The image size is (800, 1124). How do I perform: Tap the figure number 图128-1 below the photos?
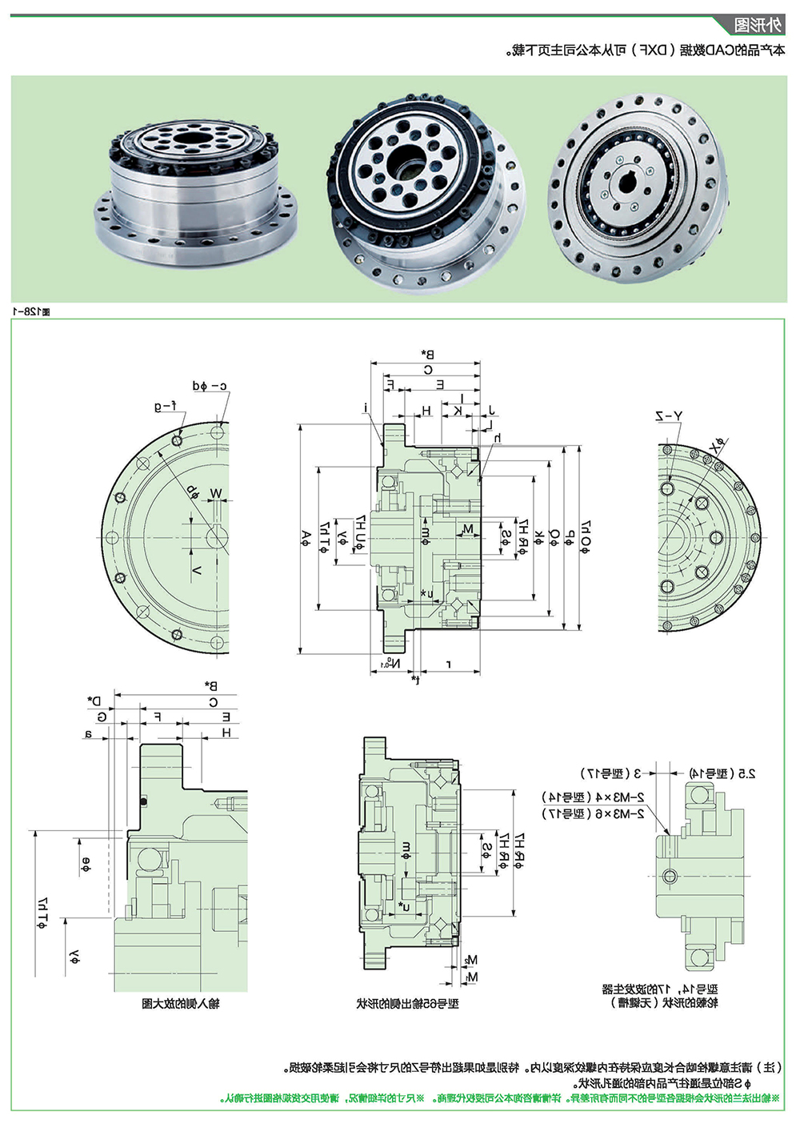[x=30, y=311]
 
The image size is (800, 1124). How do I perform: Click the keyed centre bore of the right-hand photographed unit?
[x=626, y=182]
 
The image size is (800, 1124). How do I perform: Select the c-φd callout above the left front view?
[x=210, y=386]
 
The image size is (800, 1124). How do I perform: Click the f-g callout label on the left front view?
[x=165, y=407]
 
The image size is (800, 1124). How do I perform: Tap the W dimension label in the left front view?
[x=215, y=493]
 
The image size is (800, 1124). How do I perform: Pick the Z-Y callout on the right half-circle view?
[x=669, y=416]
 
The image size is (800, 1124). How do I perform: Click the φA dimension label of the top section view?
[x=306, y=539]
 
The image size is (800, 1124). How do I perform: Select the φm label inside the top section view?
[x=425, y=532]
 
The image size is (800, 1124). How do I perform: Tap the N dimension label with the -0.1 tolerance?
[x=393, y=664]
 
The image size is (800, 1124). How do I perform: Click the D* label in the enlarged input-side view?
[x=94, y=700]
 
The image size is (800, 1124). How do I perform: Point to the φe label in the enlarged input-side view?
[x=85, y=864]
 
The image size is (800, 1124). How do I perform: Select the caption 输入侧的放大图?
[x=180, y=1003]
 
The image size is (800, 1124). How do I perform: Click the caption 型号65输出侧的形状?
[x=407, y=1003]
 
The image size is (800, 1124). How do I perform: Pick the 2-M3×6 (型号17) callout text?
[x=593, y=813]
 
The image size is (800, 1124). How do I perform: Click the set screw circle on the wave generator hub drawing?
[x=670, y=876]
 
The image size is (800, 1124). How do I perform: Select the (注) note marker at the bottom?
[x=770, y=1067]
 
